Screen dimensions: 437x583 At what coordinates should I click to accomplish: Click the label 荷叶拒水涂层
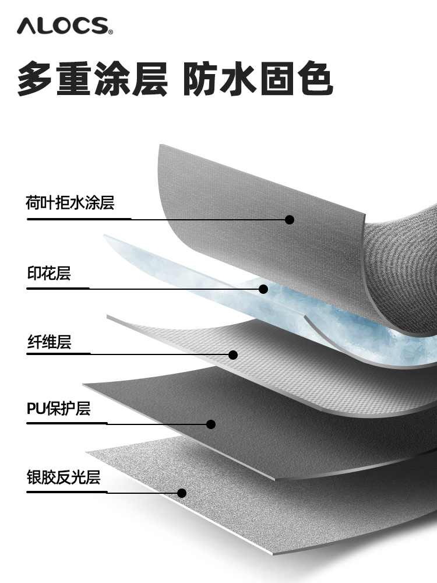(x=69, y=203)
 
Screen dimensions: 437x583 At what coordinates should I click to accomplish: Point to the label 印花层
(x=48, y=273)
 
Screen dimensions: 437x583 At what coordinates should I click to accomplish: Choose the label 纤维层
(x=48, y=342)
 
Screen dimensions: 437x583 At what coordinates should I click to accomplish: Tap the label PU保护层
(x=58, y=408)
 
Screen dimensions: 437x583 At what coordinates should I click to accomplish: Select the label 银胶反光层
(x=64, y=477)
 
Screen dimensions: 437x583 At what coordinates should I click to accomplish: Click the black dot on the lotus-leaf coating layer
(x=290, y=220)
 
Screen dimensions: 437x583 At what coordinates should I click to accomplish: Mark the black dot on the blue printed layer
(x=263, y=289)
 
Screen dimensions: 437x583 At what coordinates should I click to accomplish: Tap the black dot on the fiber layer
(x=233, y=354)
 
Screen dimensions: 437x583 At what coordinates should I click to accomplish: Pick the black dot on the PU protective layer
(x=211, y=424)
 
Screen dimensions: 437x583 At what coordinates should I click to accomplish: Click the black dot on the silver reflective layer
(x=182, y=493)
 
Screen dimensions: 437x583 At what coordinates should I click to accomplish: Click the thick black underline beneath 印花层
(x=58, y=288)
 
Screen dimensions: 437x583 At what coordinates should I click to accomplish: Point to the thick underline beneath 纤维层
(x=58, y=353)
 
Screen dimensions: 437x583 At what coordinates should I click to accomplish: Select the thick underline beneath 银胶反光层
(x=66, y=492)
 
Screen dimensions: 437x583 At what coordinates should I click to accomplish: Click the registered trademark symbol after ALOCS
(x=110, y=30)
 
